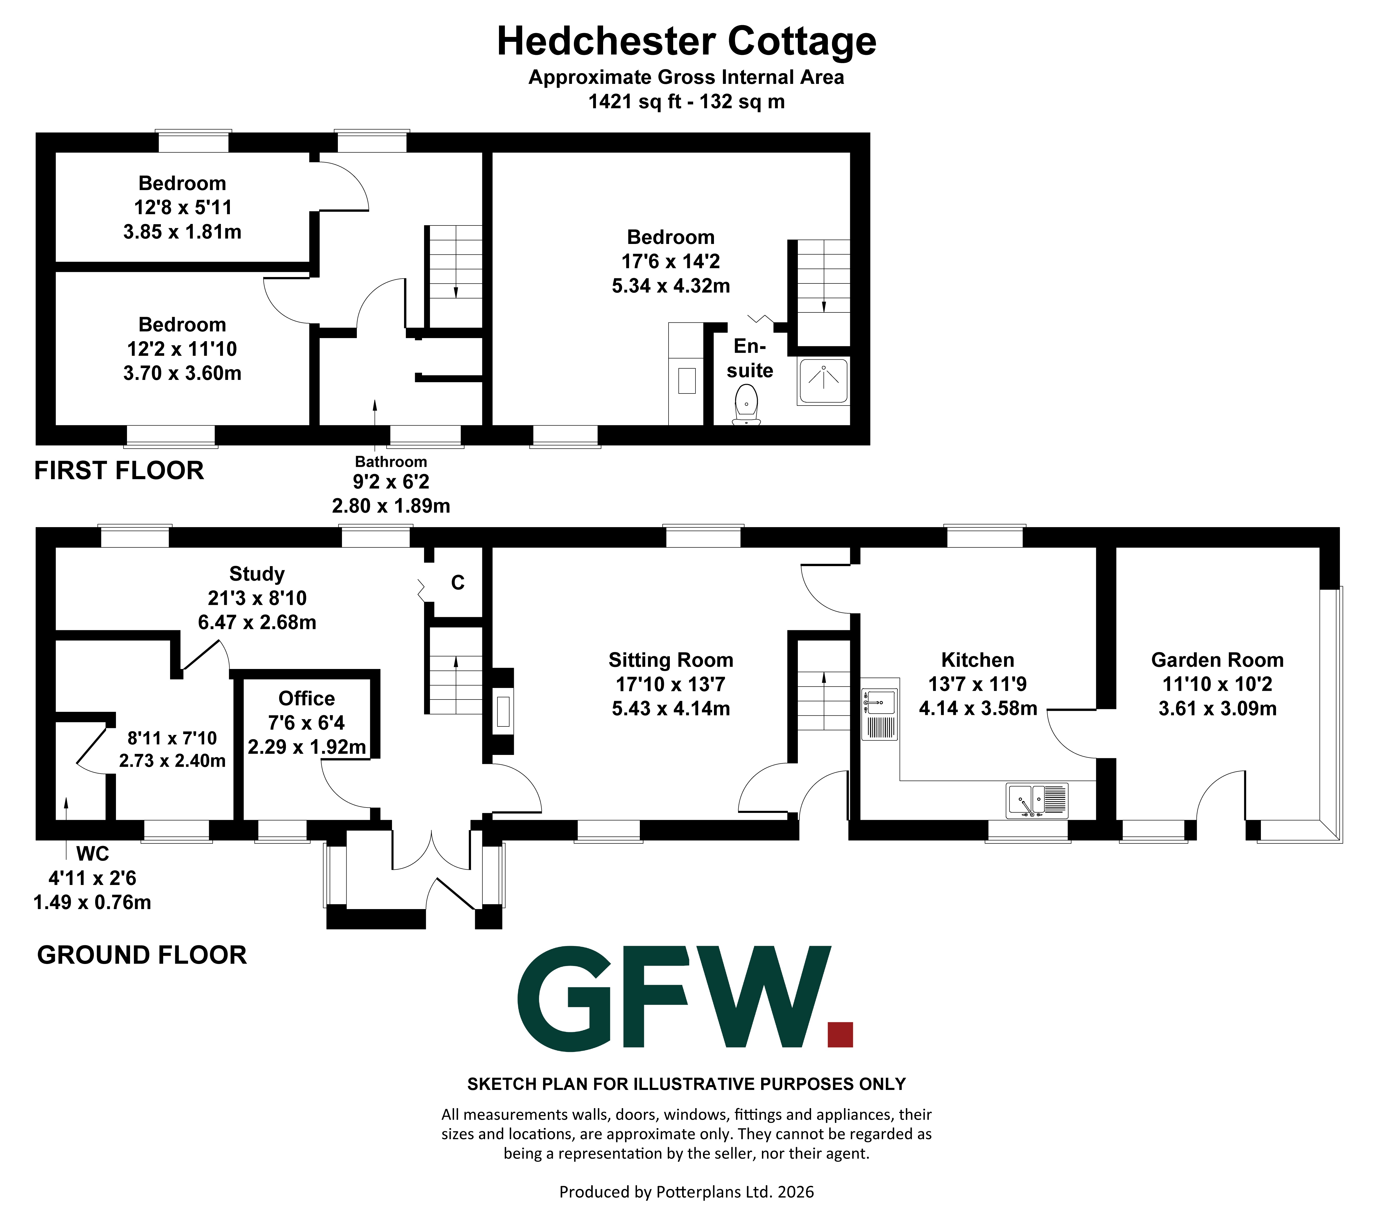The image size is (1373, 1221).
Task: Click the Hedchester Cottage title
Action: point(686,42)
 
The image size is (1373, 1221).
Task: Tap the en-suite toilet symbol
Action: point(746,405)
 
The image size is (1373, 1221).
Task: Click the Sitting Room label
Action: point(670,660)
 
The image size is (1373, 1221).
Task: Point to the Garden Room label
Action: point(1217,660)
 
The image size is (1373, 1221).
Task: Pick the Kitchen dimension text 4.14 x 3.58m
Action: point(978,708)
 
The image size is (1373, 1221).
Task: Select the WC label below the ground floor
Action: point(93,854)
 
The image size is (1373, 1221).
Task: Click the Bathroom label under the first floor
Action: point(391,462)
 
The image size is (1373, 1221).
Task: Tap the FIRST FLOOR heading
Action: point(119,471)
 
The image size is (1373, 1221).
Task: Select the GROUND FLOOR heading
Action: point(142,955)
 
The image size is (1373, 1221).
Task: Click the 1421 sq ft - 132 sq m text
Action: point(686,101)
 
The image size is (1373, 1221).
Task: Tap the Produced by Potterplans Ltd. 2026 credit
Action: point(686,1192)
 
